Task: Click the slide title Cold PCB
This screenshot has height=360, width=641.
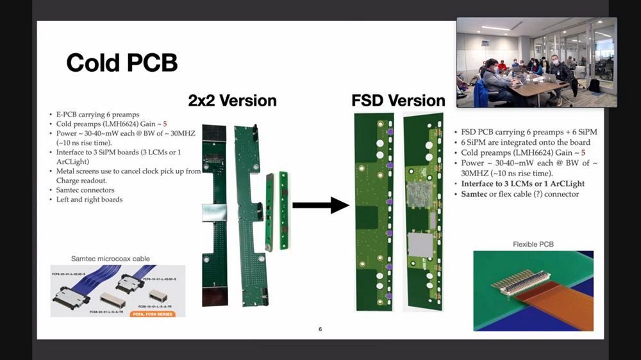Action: (x=121, y=62)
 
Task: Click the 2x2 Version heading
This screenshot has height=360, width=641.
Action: (x=232, y=101)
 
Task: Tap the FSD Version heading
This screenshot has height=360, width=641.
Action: (x=397, y=101)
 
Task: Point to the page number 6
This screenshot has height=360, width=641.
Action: (x=320, y=329)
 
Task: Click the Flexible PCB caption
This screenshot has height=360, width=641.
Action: (x=533, y=245)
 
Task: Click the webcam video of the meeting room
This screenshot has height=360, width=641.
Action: (x=536, y=62)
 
